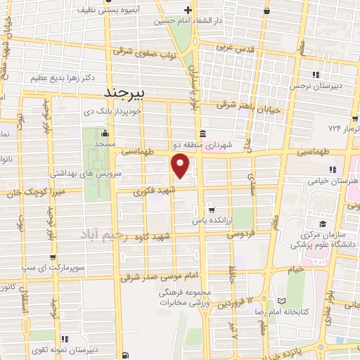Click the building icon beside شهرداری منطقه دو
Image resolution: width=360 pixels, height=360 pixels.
(x=202, y=134)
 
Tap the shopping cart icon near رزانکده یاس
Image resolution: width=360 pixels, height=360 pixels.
(x=212, y=209)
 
